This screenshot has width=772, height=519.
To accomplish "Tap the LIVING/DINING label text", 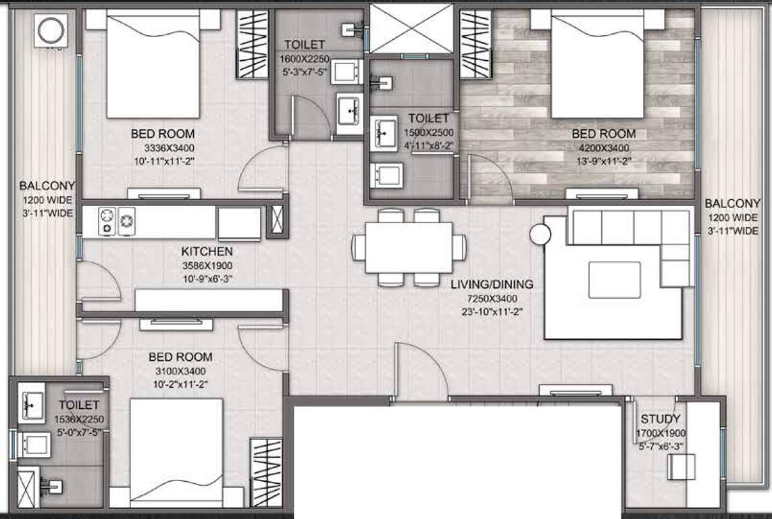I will click(492, 285).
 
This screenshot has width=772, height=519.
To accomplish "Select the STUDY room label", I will click(661, 419).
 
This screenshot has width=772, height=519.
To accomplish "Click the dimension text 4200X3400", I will click(603, 147).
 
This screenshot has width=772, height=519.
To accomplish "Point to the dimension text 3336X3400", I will click(162, 147).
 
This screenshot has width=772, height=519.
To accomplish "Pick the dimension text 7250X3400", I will click(492, 298).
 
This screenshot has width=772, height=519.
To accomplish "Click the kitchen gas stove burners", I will click(117, 221).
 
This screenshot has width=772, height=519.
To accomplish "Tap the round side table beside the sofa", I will click(540, 234).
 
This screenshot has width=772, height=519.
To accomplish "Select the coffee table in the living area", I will click(614, 280).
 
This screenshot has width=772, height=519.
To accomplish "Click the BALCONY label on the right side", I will click(732, 203).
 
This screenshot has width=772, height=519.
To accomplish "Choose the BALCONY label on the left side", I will click(47, 186).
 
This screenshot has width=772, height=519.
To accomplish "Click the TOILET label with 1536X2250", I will click(78, 405).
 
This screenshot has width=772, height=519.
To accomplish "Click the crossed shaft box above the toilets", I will click(411, 28).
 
